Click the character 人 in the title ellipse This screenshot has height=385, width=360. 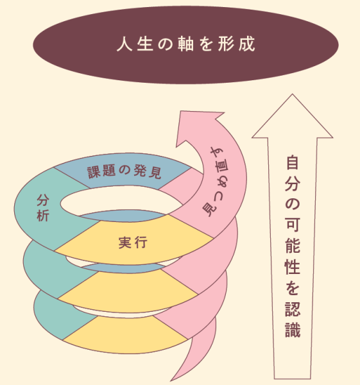(x=124, y=44)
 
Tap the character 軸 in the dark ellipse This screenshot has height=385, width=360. (x=185, y=44)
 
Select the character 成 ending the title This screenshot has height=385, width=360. (x=247, y=44)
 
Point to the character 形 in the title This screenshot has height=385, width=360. (x=227, y=44)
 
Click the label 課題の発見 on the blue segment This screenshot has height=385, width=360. (x=124, y=171)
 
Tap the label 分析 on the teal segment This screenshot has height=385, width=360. (x=43, y=208)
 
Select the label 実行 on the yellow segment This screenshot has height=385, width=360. (x=133, y=243)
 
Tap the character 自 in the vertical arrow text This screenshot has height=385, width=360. (x=293, y=162)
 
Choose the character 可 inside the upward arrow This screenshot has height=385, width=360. (x=293, y=225)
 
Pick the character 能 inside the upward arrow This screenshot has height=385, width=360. (x=293, y=246)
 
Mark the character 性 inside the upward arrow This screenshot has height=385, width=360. (x=293, y=267)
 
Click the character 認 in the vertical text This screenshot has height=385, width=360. (x=293, y=309)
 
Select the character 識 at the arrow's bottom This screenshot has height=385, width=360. (x=293, y=330)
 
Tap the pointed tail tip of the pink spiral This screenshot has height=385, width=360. (x=171, y=381)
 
